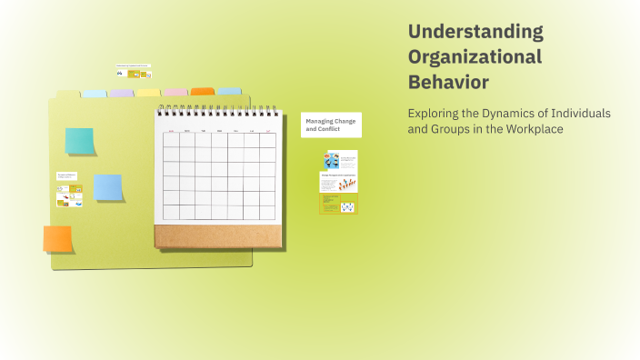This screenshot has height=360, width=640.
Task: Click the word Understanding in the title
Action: coord(475,32)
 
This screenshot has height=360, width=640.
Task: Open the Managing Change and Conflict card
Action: coord(331,125)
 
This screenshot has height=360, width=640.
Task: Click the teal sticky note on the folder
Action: coord(79,141)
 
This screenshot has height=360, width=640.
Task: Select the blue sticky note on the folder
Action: coord(108,187)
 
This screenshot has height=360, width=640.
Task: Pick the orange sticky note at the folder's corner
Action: coord(57,239)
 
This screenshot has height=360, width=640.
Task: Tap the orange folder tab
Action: coord(203,92)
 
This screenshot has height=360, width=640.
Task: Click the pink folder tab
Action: coord(175,93)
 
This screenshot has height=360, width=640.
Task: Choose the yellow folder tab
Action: coord(148,93)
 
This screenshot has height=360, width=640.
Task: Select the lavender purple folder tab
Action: coord(121,93)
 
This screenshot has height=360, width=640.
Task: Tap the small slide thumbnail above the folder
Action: coord(134,71)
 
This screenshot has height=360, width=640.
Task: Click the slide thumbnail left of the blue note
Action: coord(69,190)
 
